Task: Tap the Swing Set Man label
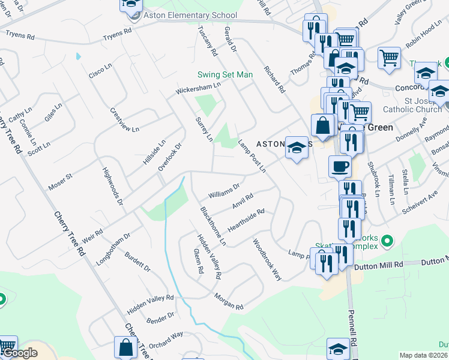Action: click(225, 74)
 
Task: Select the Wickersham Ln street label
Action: click(198, 89)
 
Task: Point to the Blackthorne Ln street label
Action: click(213, 226)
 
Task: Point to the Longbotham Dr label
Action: click(113, 250)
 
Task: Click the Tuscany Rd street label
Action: click(211, 42)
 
